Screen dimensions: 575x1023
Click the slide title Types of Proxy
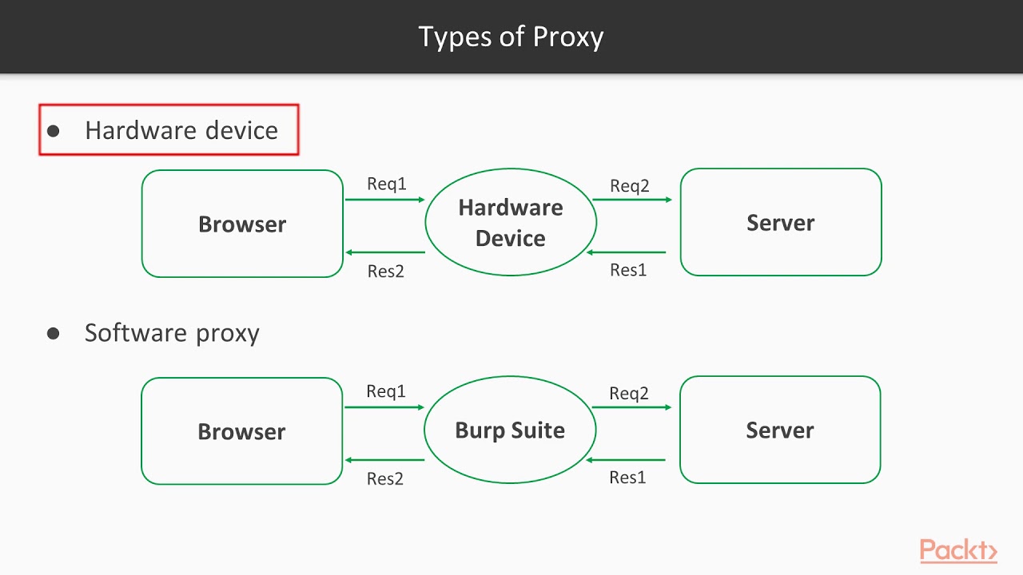point(511,37)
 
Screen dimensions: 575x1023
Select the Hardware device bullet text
point(181,130)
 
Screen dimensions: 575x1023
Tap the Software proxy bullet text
point(172,333)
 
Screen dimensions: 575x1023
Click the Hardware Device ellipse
point(511,223)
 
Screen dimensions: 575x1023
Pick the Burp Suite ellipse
point(510,430)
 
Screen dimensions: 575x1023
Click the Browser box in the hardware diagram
point(242,224)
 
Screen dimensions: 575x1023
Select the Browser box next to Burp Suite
point(241,431)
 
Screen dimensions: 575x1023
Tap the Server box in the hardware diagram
point(780,223)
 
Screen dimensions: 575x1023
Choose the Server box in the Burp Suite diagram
point(779,430)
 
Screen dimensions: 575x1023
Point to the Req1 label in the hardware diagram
point(387,184)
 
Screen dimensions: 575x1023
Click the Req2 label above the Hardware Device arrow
point(630,186)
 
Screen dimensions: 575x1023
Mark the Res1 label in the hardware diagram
point(628,270)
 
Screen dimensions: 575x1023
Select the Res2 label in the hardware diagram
point(386,272)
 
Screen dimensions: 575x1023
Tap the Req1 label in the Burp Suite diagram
point(386,391)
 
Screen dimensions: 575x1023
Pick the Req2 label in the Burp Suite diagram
point(629,394)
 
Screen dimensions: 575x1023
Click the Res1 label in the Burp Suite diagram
point(627,478)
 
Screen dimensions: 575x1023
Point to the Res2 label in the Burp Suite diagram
point(385,479)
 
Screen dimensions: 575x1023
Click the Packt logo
point(958,550)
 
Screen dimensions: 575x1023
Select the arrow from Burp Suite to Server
point(631,407)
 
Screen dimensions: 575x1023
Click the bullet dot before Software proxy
point(54,334)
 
